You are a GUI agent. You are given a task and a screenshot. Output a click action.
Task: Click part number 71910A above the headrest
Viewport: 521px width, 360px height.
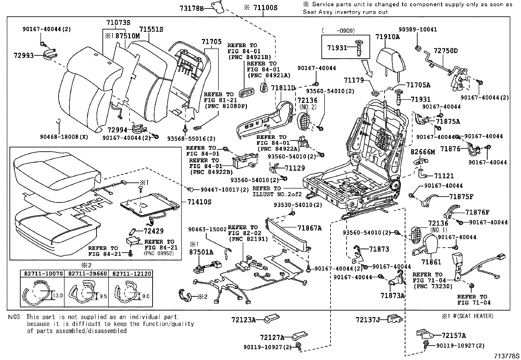click(x=387, y=37)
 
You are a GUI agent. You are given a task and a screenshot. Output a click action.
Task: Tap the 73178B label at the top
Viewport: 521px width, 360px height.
click(x=191, y=8)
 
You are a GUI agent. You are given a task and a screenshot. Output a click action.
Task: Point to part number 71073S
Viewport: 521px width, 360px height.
click(x=118, y=23)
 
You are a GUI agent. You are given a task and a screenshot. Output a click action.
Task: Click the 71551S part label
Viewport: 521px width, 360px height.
click(x=151, y=29)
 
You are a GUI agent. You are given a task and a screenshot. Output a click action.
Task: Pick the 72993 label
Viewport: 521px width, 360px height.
click(x=24, y=55)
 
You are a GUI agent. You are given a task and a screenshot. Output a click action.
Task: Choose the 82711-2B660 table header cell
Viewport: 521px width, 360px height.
click(x=87, y=273)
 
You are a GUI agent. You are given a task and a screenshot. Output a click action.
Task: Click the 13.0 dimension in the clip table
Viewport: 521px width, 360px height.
click(x=58, y=295)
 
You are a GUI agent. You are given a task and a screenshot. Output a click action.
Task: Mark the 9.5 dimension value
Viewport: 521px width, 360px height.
click(x=103, y=296)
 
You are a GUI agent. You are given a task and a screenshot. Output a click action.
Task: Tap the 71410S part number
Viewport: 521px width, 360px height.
click(x=199, y=202)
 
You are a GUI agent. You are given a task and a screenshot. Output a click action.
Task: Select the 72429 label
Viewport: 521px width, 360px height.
click(x=153, y=231)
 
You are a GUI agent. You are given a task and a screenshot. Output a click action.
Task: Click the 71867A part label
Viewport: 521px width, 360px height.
click(x=310, y=228)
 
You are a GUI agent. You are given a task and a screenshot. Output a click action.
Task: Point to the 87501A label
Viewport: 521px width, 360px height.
click(x=201, y=252)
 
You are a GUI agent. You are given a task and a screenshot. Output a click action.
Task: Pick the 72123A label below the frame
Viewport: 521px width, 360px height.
click(x=243, y=319)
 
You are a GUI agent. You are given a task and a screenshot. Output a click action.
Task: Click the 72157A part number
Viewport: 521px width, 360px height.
click(x=454, y=335)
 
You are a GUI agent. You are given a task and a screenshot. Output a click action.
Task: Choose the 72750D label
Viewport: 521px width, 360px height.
click(x=446, y=51)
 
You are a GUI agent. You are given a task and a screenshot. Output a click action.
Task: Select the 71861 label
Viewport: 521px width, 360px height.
click(x=431, y=262)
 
